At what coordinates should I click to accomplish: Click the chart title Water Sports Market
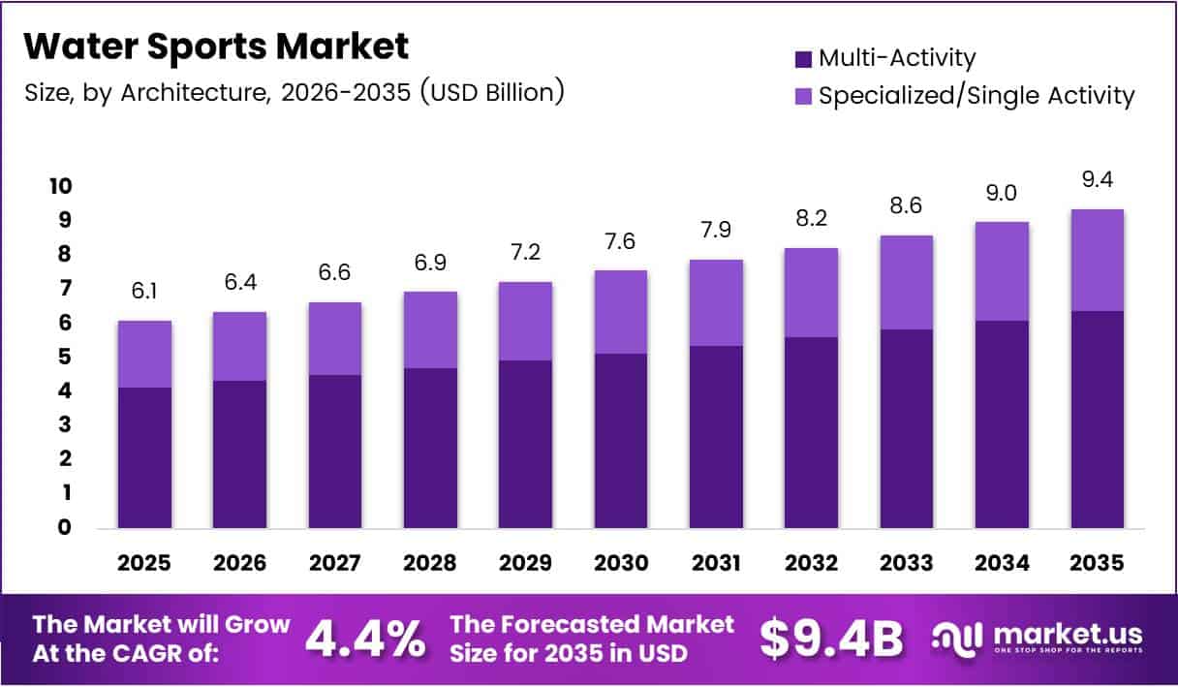click(215, 46)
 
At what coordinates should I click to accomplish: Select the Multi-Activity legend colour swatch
click(803, 59)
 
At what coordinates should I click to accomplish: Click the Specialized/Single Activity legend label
click(976, 96)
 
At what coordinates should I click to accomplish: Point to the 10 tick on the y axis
click(61, 186)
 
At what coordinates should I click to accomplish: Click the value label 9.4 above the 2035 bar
click(1098, 180)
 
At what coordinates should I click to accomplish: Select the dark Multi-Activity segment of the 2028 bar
click(430, 448)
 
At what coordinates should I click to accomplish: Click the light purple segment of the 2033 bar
click(907, 282)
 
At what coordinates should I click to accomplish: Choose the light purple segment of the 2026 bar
click(239, 346)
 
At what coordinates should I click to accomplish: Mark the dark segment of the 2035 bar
click(1098, 420)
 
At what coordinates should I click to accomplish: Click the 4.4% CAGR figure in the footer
click(364, 637)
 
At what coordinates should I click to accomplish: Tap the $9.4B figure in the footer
click(830, 637)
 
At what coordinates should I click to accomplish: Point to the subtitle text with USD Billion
click(294, 93)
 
